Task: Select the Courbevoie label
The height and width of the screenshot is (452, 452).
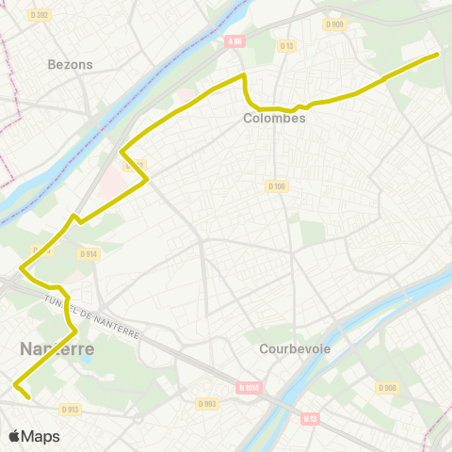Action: click(295, 347)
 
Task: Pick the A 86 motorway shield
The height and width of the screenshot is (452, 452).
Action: click(235, 40)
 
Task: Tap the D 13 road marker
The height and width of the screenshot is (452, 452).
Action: click(287, 45)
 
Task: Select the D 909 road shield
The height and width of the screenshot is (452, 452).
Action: click(334, 24)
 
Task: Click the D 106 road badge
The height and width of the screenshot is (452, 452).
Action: click(276, 186)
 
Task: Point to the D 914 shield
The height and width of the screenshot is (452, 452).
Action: click(89, 254)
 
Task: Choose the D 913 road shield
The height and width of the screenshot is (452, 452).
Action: click(70, 409)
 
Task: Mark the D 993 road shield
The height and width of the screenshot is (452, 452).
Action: click(208, 403)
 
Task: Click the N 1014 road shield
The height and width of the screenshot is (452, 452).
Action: click(249, 387)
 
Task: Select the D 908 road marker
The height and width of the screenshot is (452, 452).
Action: click(387, 388)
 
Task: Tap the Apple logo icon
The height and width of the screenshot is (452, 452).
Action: click(13, 437)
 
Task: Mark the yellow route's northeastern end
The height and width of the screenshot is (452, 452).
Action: click(438, 55)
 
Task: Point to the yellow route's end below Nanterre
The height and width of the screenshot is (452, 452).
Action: click(30, 398)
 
